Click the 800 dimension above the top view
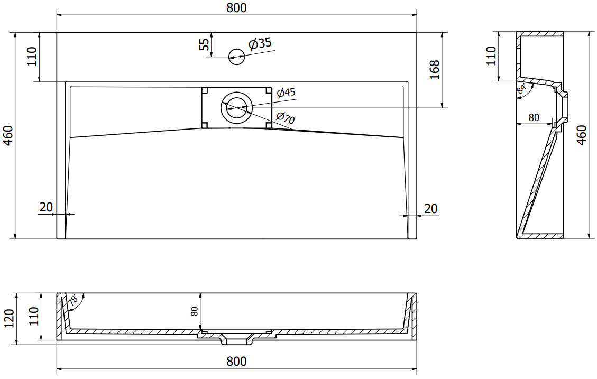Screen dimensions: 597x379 (x=236, y=7)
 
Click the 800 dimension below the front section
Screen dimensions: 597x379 (x=236, y=361)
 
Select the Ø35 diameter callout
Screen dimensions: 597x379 (x=260, y=44)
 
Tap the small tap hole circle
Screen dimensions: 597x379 (x=236, y=57)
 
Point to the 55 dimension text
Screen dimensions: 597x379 (x=205, y=44)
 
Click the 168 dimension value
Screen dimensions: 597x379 (x=435, y=70)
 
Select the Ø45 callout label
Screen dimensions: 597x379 (x=286, y=93)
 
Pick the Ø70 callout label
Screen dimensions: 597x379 (x=285, y=117)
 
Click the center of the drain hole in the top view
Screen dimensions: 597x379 (x=236, y=108)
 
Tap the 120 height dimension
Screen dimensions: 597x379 (x=9, y=318)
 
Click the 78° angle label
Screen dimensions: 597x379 (x=73, y=301)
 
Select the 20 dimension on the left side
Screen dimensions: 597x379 (x=46, y=207)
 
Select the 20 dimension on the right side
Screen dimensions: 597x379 (x=430, y=208)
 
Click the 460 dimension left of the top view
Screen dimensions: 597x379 (x=8, y=136)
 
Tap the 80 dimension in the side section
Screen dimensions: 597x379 (x=534, y=117)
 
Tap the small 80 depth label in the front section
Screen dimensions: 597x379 (x=194, y=311)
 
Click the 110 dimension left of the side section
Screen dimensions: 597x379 (x=492, y=56)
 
